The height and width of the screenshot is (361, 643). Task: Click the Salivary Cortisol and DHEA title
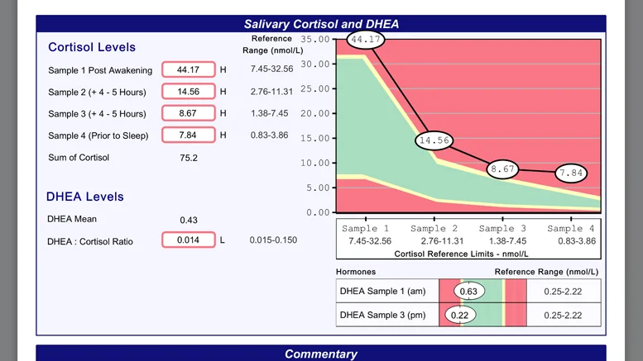coord(321,24)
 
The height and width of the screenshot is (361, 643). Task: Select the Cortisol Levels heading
coord(92,47)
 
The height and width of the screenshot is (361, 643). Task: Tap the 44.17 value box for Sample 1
coord(188,70)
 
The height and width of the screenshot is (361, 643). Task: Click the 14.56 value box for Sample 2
coord(188,92)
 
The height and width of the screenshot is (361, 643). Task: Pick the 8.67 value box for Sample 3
coord(188,113)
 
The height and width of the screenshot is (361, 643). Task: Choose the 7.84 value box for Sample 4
coord(188,135)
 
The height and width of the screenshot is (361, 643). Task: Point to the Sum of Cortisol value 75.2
coord(189,157)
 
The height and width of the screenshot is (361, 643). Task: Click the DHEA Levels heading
coord(85,197)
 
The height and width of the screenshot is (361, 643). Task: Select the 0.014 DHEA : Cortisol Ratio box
coord(188,240)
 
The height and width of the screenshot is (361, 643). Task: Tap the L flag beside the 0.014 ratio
coord(223,240)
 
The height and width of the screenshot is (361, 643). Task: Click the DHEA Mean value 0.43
coord(189,219)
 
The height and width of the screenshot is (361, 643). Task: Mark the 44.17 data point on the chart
coord(366,39)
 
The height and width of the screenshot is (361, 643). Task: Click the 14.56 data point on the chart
coord(434,140)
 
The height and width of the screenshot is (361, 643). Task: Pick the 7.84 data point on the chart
coord(571,173)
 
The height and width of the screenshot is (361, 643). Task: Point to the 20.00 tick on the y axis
coord(317,113)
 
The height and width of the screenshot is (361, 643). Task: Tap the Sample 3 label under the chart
coord(502,228)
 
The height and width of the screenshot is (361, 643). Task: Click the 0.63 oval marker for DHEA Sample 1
coord(469,291)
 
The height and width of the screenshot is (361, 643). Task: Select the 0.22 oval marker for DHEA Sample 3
coord(459,315)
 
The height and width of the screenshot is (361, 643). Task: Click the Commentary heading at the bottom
coord(321,354)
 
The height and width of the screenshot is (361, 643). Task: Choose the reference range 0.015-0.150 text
coord(273,240)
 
